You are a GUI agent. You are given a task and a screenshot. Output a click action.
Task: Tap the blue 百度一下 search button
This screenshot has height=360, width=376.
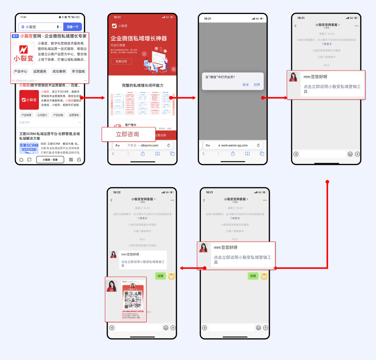[72, 27]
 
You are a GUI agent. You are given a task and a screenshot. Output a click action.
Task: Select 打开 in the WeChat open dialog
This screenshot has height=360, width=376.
[257, 85]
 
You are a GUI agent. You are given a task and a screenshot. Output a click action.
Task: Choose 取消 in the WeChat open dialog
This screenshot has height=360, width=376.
[246, 85]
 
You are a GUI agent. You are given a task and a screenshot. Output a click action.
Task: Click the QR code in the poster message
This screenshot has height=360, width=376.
[133, 299]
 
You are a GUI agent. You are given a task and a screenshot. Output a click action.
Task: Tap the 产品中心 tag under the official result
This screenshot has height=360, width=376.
[21, 71]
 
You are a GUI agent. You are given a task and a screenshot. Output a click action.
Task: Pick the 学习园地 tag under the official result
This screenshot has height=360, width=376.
[78, 71]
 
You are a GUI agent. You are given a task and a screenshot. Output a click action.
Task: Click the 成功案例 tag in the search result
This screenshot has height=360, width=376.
[59, 71]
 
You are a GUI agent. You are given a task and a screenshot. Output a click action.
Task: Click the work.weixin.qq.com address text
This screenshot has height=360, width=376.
[234, 145]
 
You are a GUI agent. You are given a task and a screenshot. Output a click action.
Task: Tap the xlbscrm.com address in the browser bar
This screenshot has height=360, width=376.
[149, 145]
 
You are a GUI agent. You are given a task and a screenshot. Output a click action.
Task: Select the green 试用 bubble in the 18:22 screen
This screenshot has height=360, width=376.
[160, 276]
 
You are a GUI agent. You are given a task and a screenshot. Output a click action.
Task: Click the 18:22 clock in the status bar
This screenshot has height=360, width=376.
[117, 192]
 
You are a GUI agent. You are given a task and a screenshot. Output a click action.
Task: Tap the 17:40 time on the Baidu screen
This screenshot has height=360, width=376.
[23, 17]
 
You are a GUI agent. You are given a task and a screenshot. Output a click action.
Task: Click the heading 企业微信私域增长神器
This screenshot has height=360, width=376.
[139, 39]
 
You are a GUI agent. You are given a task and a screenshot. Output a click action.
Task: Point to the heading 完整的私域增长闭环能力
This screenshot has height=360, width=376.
[142, 85]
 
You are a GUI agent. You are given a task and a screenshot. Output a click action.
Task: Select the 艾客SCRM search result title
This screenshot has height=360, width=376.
[49, 136]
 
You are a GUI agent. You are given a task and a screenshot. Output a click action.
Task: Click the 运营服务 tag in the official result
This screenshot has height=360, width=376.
[40, 71]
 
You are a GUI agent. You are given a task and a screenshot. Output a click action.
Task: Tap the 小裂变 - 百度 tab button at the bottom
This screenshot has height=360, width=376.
[50, 160]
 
